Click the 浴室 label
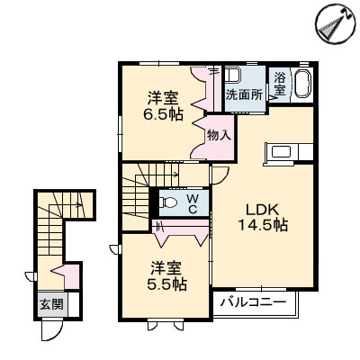[280, 84]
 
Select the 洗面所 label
[243, 94]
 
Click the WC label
[191, 202]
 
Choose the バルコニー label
[254, 302]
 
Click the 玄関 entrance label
[50, 304]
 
